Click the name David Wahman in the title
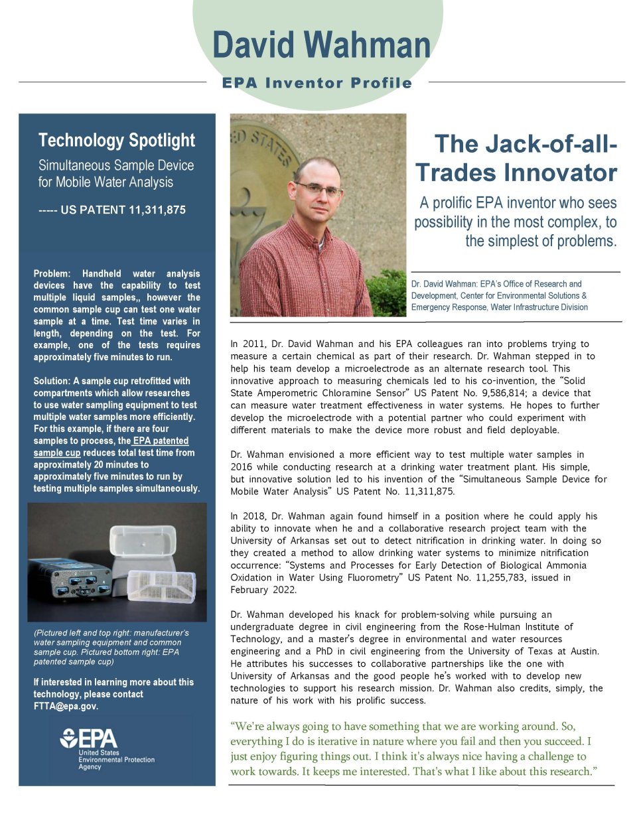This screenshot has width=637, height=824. [x=321, y=45]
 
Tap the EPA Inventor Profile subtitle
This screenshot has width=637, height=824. [x=317, y=83]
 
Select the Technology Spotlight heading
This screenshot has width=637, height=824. [x=117, y=141]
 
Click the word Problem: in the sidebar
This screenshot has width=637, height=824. [x=52, y=273]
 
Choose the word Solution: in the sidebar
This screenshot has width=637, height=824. [x=52, y=381]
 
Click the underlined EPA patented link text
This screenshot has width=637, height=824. [x=161, y=441]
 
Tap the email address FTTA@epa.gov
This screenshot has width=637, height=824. [x=66, y=706]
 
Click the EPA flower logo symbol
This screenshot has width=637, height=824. [x=68, y=738]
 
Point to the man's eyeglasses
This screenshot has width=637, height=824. [x=319, y=188]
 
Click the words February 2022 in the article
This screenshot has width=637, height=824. [x=263, y=590]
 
